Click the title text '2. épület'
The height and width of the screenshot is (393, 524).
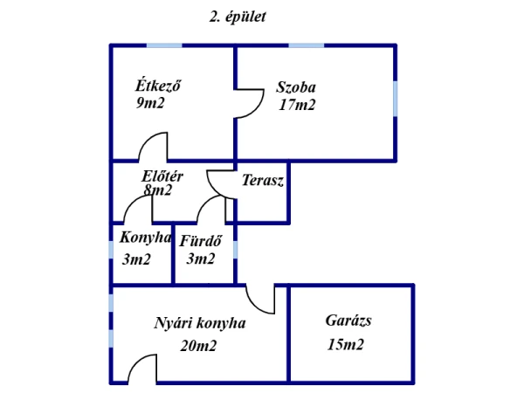pyautogui.click(x=238, y=17)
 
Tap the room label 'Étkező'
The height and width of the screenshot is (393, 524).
pyautogui.click(x=158, y=85)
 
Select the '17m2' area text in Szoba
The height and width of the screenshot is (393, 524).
pyautogui.click(x=297, y=105)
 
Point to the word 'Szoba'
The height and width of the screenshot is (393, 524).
pyautogui.click(x=296, y=87)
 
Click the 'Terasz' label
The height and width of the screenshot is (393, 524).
pyautogui.click(x=263, y=180)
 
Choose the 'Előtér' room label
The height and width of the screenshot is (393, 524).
pyautogui.click(x=162, y=176)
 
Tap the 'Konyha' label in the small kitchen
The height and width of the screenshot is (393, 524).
pyautogui.click(x=145, y=238)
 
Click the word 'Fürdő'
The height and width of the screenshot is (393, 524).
pyautogui.click(x=201, y=241)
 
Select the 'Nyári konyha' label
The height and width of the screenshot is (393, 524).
pyautogui.click(x=200, y=323)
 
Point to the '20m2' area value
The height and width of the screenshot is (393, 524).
pyautogui.click(x=198, y=346)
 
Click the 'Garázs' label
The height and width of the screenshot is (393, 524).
pyautogui.click(x=348, y=321)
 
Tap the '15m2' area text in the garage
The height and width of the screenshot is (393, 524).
pyautogui.click(x=345, y=344)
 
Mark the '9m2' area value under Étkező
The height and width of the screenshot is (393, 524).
pyautogui.click(x=150, y=102)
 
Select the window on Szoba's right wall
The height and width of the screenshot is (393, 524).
pyautogui.click(x=395, y=99)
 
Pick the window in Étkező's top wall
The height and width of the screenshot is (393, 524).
pyautogui.click(x=164, y=45)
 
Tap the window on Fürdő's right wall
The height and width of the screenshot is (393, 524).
pyautogui.click(x=235, y=250)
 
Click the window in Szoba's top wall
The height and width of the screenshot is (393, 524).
pyautogui.click(x=307, y=45)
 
